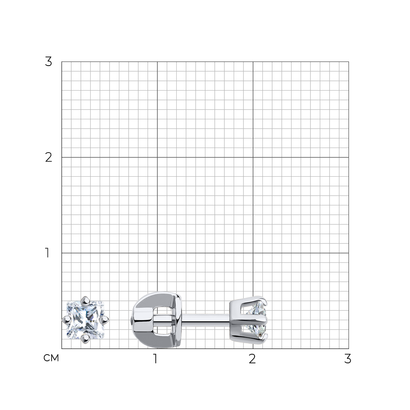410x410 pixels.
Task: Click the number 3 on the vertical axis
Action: point(48,62)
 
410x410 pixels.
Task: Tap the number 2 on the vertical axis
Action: point(48,157)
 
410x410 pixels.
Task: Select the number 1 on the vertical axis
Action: point(47,253)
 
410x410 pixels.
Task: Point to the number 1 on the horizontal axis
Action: point(155,359)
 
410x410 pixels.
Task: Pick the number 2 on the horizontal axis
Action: point(252,359)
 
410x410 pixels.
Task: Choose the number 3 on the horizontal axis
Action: point(348,359)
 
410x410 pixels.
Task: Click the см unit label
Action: point(51,358)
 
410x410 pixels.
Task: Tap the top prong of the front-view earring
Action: point(85,301)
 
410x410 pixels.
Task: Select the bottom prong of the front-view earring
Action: point(85,339)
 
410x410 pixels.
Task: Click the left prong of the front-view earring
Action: point(66,319)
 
